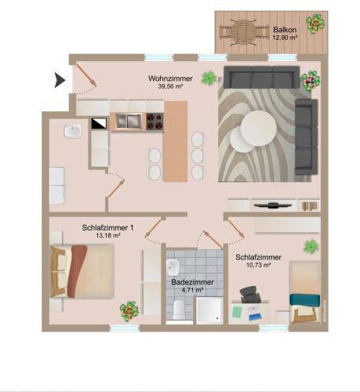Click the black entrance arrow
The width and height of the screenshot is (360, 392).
[x=60, y=80]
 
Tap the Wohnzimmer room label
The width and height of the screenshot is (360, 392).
[x=170, y=78]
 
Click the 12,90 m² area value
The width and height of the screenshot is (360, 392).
[x=285, y=38]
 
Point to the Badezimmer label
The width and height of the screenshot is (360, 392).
[x=192, y=282]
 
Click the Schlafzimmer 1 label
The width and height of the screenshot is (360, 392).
[x=107, y=227]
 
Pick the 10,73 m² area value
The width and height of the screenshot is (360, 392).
[x=258, y=265]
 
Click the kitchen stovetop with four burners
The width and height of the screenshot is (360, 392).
[x=155, y=122]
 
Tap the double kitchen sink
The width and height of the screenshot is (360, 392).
[x=129, y=121]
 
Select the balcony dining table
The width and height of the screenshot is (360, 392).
[x=242, y=32]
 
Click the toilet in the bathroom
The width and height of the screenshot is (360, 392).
[x=179, y=310]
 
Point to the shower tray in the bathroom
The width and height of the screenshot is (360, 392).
[x=209, y=310]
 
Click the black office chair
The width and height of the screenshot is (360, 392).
[x=250, y=295]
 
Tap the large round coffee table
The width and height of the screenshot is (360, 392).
[x=259, y=128]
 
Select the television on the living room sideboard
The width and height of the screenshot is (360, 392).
[x=273, y=205]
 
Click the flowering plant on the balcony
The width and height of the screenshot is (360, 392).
[x=316, y=24]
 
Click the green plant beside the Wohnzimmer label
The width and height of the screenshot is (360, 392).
[x=209, y=78]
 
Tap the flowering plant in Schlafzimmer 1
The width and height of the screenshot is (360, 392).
[x=129, y=310]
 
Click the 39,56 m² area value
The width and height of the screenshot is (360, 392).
[x=170, y=86]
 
